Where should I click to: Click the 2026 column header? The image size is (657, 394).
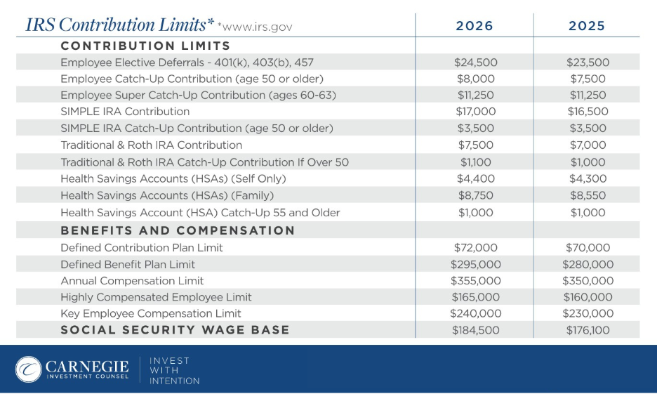(x=474, y=26)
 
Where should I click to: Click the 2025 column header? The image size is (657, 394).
(x=587, y=26)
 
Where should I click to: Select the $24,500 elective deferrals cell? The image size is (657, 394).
(x=475, y=63)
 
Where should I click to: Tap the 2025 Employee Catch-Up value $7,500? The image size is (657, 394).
(x=587, y=79)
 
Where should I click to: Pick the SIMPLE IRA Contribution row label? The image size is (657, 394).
(x=125, y=111)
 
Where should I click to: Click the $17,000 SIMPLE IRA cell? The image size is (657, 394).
(x=475, y=111)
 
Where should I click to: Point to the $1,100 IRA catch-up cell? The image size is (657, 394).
(x=475, y=162)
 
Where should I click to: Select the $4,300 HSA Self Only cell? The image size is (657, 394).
(x=587, y=178)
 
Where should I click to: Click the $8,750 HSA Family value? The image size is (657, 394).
(x=475, y=195)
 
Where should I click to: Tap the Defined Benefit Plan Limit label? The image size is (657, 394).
(x=128, y=264)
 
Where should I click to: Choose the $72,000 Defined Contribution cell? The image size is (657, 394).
(x=475, y=247)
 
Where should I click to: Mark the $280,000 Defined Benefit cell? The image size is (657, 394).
(x=587, y=264)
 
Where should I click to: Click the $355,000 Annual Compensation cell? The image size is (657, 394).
(x=475, y=280)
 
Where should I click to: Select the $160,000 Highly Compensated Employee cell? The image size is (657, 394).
(x=587, y=297)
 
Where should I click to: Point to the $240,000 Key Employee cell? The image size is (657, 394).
(x=475, y=313)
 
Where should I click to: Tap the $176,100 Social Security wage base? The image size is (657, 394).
(x=587, y=330)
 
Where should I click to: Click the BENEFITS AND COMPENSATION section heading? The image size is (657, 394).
(x=178, y=230)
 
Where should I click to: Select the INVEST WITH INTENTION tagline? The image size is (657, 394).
(x=175, y=370)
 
